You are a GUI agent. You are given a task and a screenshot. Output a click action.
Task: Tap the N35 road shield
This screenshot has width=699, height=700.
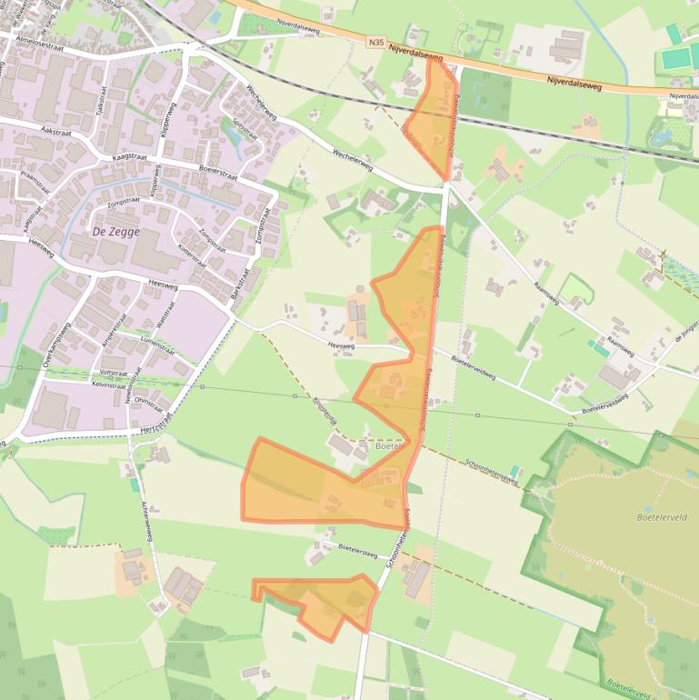pos(377,42)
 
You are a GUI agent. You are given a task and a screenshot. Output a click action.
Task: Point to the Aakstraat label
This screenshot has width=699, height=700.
pos(56,131)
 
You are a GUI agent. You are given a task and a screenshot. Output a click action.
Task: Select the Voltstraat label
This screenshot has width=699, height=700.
pos(114,373)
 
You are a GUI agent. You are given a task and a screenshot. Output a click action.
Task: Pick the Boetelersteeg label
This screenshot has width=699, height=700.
pos(357,548)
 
